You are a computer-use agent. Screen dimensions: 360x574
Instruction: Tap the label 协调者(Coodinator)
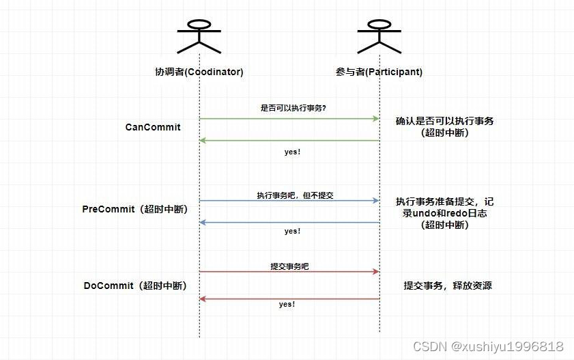click(x=199, y=72)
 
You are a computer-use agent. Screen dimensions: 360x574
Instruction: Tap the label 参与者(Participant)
click(x=379, y=72)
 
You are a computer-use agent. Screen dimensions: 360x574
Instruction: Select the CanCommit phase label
click(x=153, y=127)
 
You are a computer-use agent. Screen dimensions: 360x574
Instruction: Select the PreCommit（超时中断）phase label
click(x=135, y=209)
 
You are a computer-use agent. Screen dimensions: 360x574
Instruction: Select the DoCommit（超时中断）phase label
click(x=135, y=286)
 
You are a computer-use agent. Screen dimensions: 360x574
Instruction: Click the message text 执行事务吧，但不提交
click(x=295, y=195)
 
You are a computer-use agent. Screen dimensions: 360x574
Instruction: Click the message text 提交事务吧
click(x=289, y=266)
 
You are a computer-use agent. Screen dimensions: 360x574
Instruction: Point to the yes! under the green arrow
click(x=292, y=152)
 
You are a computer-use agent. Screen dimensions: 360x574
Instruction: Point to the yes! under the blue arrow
click(x=292, y=232)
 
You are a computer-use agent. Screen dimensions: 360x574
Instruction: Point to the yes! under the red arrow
click(x=287, y=304)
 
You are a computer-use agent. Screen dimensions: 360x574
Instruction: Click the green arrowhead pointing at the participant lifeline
click(x=375, y=119)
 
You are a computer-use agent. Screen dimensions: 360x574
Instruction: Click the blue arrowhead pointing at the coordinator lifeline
click(x=203, y=223)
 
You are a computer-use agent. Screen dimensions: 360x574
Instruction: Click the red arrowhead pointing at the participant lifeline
click(x=375, y=272)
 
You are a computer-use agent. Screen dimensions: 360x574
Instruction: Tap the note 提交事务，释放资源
click(x=447, y=286)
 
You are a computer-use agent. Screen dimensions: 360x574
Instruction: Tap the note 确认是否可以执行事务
click(x=444, y=121)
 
